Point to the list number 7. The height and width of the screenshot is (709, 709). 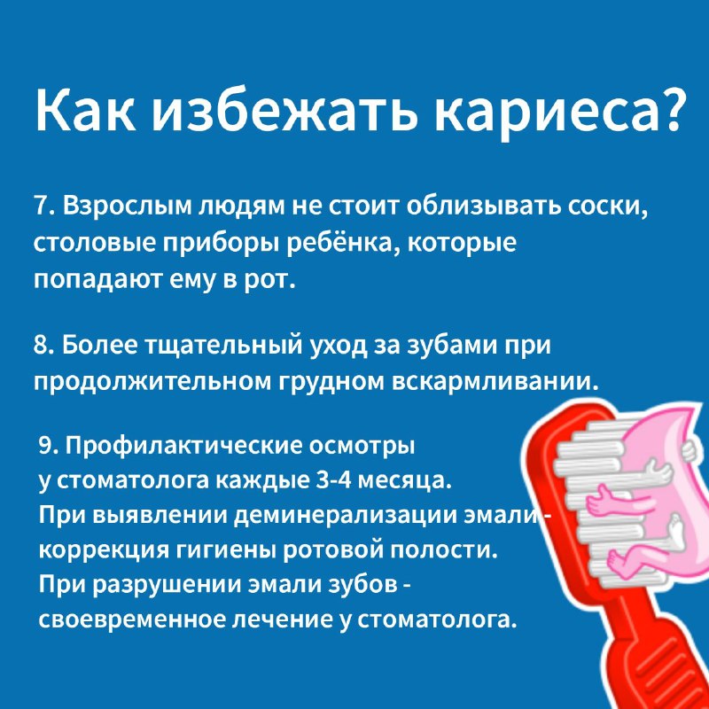tap(41, 206)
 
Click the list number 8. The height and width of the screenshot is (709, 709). tap(42, 346)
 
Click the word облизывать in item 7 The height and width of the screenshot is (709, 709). tap(481, 206)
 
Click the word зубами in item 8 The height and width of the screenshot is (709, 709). tap(453, 347)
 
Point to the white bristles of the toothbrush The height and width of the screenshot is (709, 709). tap(583, 497)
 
